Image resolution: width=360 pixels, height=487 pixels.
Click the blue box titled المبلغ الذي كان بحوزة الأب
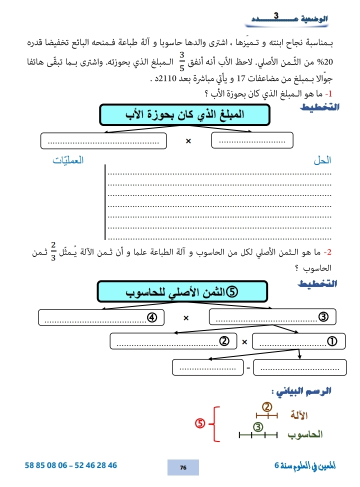pyautogui.click(x=184, y=114)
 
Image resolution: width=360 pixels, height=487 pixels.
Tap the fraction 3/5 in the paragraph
pyautogui.click(x=181, y=60)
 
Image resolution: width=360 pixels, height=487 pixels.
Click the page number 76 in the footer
pyautogui.click(x=183, y=467)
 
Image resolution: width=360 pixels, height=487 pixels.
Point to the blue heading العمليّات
pyautogui.click(x=69, y=160)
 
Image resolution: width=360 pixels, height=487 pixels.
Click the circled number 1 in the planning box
pyautogui.click(x=330, y=342)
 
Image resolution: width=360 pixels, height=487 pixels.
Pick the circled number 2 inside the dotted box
pyautogui.click(x=224, y=342)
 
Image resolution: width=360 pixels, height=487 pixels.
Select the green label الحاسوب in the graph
pyautogui.click(x=305, y=434)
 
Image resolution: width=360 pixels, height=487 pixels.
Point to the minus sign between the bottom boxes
pyautogui.click(x=247, y=368)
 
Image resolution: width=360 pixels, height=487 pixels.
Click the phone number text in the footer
pyautogui.click(x=71, y=465)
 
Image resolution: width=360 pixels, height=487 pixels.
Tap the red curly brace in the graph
pyautogui.click(x=215, y=424)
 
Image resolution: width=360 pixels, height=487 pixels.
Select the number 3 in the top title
pyautogui.click(x=276, y=17)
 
